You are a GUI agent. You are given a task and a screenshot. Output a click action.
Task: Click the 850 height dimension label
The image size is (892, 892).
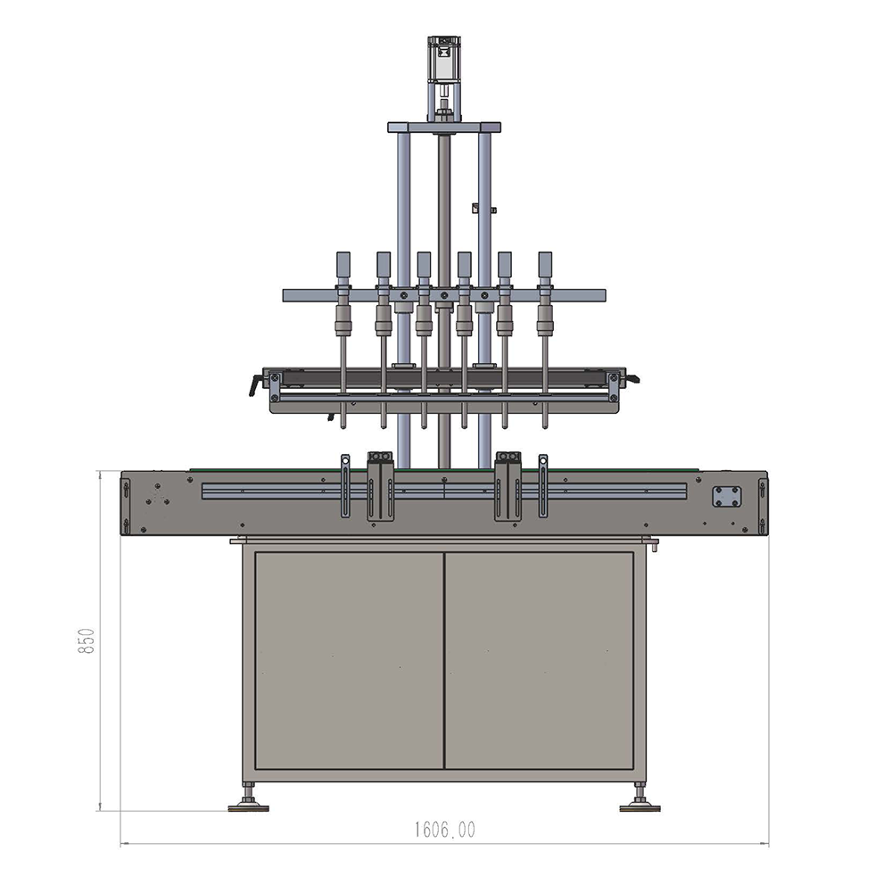coord(86,640)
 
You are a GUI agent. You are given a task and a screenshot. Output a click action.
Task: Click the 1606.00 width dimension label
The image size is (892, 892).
coord(444,830)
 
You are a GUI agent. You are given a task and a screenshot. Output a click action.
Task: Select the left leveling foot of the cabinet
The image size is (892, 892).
coord(248,797)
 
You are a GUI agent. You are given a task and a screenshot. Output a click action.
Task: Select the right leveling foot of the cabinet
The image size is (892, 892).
coord(640,797)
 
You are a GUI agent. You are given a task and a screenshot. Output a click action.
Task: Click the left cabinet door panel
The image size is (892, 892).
coord(350,660)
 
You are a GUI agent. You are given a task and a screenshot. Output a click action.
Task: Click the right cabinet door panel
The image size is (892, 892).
coord(540,660)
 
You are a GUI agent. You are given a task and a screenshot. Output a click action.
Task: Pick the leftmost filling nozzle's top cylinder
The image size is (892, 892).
coord(343,265)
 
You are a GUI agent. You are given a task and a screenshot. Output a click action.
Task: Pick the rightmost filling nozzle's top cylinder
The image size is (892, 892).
coord(545,265)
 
